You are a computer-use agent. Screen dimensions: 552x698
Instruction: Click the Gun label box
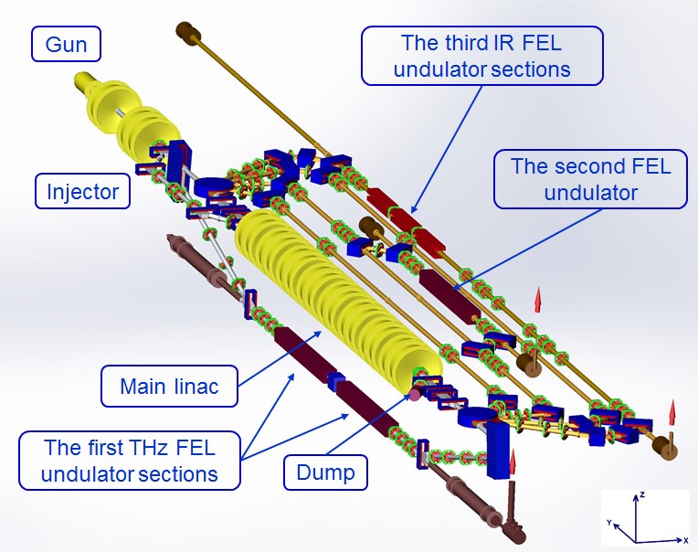(x=66, y=43)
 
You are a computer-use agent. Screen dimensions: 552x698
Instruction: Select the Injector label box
(x=83, y=192)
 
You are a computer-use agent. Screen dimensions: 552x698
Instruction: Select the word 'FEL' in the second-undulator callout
(x=650, y=167)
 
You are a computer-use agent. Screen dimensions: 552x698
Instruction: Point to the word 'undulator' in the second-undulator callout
(x=589, y=192)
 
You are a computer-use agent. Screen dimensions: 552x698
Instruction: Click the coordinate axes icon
(x=644, y=518)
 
